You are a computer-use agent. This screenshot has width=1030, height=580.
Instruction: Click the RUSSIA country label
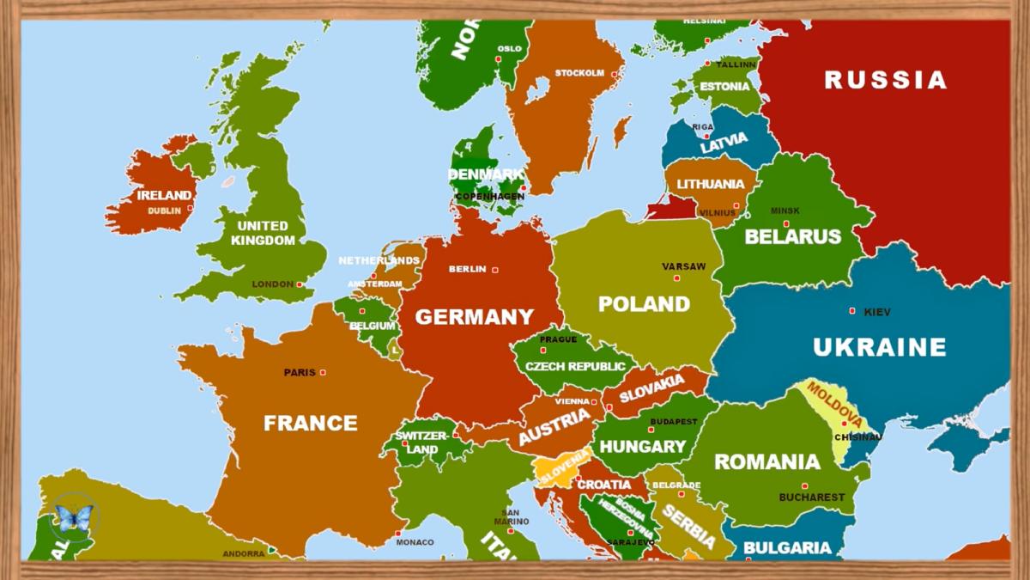pyautogui.click(x=886, y=80)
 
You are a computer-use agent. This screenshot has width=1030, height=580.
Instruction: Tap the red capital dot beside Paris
pyautogui.click(x=323, y=372)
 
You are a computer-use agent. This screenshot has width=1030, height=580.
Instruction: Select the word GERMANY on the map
pyautogui.click(x=475, y=317)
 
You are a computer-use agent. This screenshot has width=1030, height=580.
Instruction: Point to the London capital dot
pyautogui.click(x=299, y=284)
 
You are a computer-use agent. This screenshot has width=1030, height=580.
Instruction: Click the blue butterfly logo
pyautogui.click(x=74, y=517)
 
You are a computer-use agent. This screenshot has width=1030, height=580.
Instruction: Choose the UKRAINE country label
pyautogui.click(x=880, y=347)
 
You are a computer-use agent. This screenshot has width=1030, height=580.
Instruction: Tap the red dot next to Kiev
pyautogui.click(x=852, y=311)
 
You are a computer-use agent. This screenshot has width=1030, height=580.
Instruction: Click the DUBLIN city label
pyautogui.click(x=165, y=210)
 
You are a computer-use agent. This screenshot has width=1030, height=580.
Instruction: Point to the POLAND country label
pyautogui.click(x=644, y=303)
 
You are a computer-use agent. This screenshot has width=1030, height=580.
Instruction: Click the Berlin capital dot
pyautogui.click(x=494, y=270)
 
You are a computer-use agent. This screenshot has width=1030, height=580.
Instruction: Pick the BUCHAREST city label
pyautogui.click(x=811, y=497)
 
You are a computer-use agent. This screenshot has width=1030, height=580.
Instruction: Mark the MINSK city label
pyautogui.click(x=785, y=211)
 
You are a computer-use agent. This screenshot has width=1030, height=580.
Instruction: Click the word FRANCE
pyautogui.click(x=310, y=423)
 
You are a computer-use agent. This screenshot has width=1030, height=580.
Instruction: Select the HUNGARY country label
pyautogui.click(x=642, y=447)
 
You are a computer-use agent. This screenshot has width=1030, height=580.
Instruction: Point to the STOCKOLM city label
pyautogui.click(x=579, y=73)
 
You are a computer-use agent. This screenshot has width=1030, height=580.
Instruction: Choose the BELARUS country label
pyautogui.click(x=792, y=236)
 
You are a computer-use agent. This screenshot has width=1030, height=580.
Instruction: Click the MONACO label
pyautogui.click(x=415, y=542)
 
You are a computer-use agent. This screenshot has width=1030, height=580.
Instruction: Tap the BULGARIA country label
pyautogui.click(x=787, y=547)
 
